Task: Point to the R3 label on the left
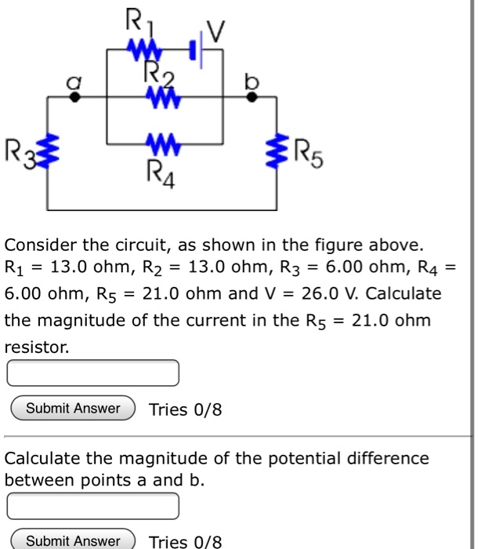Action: [19, 147]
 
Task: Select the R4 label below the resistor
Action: [162, 169]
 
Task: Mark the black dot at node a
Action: [75, 97]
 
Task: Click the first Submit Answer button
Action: [73, 409]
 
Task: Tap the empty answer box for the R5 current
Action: [93, 373]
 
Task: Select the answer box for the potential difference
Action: [93, 506]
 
